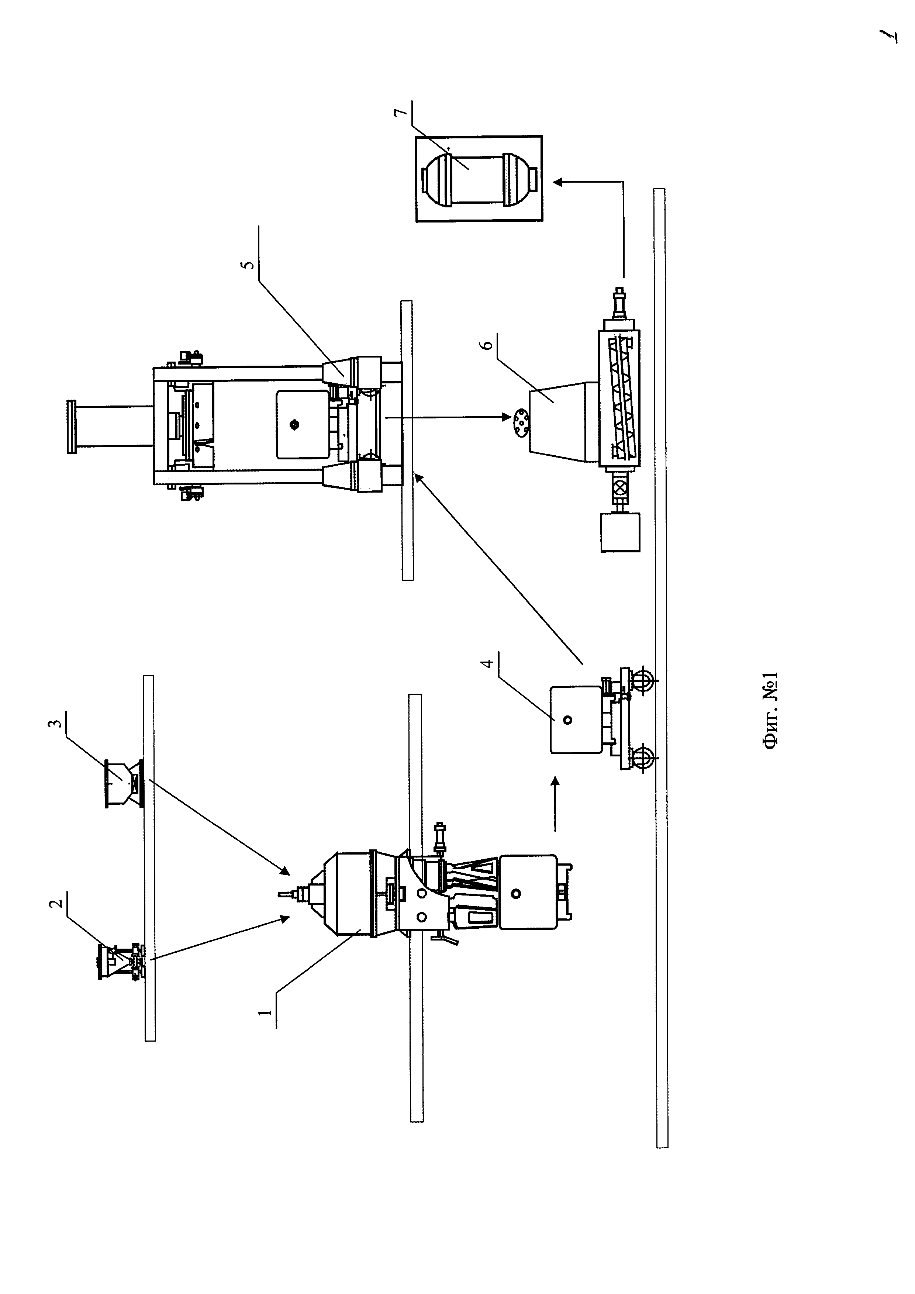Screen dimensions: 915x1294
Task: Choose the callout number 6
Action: click(x=490, y=342)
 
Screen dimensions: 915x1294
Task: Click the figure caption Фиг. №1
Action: click(x=770, y=710)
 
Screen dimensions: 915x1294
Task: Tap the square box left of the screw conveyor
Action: click(x=620, y=531)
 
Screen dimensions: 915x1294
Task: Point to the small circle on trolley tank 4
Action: click(x=567, y=720)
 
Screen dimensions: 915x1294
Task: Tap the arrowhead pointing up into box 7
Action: click(x=557, y=182)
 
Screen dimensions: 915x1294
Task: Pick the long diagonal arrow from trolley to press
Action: click(x=498, y=569)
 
